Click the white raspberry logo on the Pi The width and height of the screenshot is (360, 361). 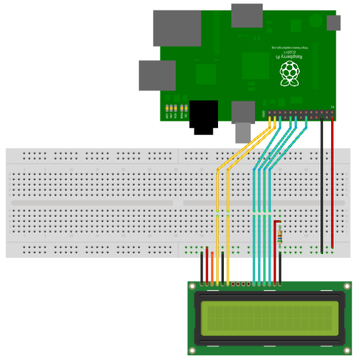pyautogui.click(x=289, y=75)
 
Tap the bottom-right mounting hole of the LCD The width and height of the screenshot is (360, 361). pyautogui.click(x=348, y=350)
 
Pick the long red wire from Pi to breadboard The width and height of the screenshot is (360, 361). pyautogui.click(x=332, y=183)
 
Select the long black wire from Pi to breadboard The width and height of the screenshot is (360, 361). pyautogui.click(x=322, y=183)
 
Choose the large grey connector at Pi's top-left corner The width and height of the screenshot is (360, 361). pyautogui.click(x=176, y=28)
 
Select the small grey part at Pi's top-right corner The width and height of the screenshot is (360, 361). pyautogui.click(x=333, y=23)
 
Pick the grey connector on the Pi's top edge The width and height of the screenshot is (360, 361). pyautogui.click(x=247, y=15)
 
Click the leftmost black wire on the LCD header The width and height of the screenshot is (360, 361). pyautogui.click(x=202, y=268)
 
